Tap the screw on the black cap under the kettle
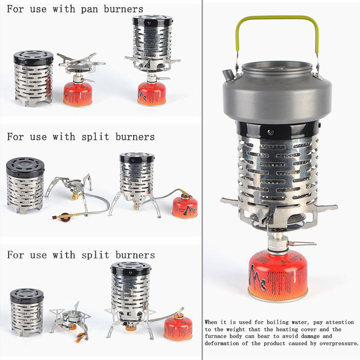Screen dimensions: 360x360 (x=270, y=132)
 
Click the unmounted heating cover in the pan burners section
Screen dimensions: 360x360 (x=33, y=78)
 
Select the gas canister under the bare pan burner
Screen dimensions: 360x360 (x=77, y=94)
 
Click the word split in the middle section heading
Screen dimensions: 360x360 (x=95, y=137)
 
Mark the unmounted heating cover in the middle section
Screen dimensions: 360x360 (x=25, y=185)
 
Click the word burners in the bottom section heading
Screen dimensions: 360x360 (x=135, y=255)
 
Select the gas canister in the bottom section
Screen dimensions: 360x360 (x=178, y=328)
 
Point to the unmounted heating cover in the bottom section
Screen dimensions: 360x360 (x=27, y=312)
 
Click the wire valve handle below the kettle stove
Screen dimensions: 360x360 (x=302, y=243)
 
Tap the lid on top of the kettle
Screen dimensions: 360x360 (x=277, y=68)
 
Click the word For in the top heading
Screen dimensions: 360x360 (x=15, y=9)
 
